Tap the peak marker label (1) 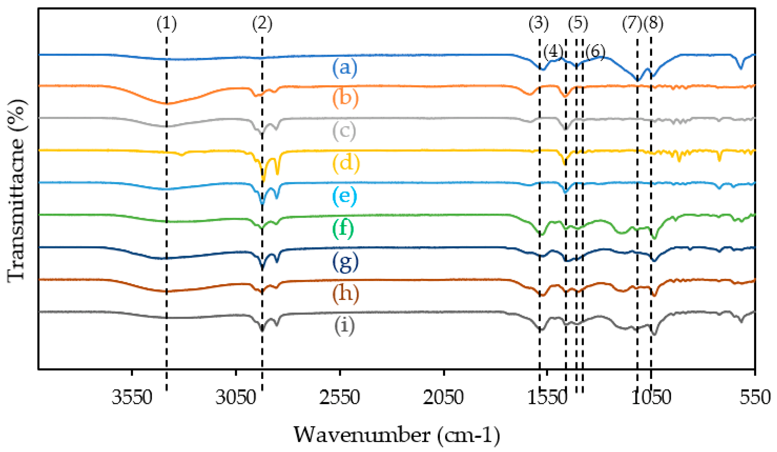coord(167,24)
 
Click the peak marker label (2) coord(262,24)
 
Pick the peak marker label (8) coord(653,24)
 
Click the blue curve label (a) coord(345,68)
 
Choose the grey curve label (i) coord(344,326)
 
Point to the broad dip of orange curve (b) coord(167,104)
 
